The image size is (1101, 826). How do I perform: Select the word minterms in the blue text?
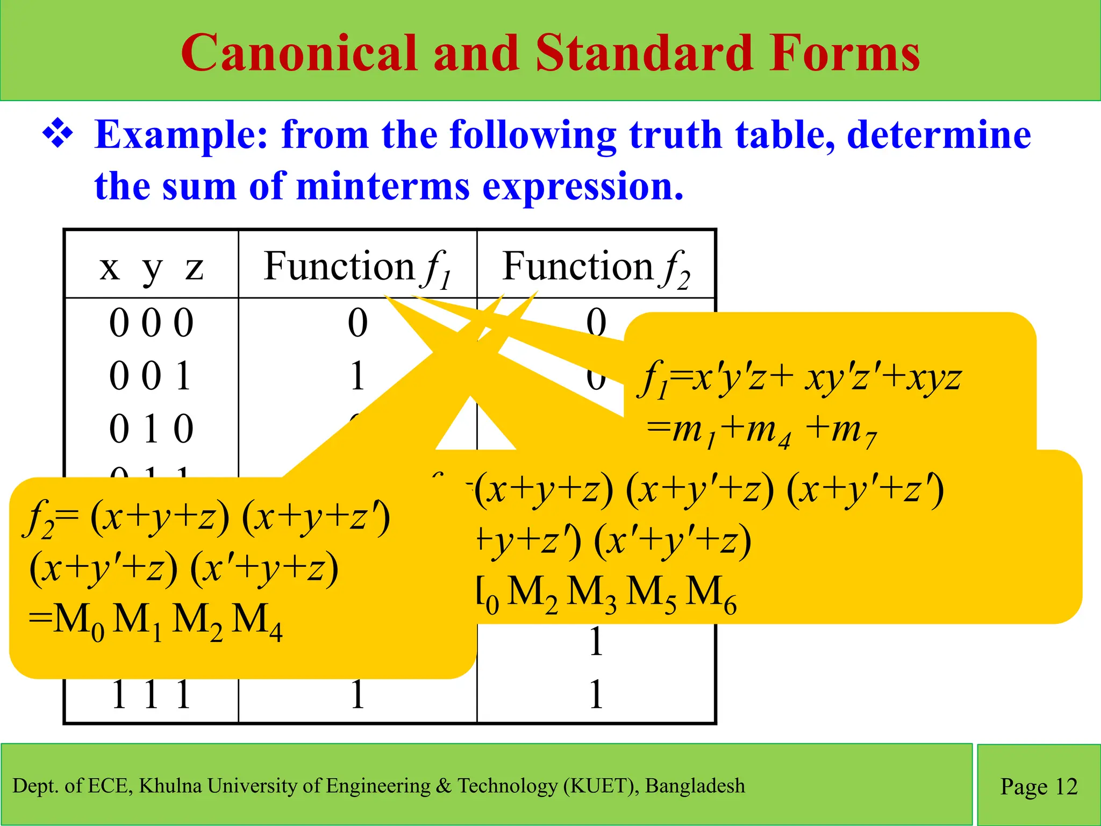coord(382,186)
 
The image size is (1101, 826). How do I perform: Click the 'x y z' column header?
coord(151,267)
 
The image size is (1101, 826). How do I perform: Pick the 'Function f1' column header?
coord(357,267)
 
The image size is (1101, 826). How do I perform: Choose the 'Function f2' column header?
coord(596,267)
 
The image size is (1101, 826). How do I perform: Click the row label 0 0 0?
coord(151,323)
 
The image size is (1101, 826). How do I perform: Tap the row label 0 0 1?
coord(150,376)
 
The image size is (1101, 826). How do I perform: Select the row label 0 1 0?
coord(151,429)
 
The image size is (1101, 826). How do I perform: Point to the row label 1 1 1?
coord(151,694)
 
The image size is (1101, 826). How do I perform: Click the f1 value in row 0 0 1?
coord(358,376)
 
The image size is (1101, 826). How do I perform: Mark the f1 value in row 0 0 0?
coord(358,323)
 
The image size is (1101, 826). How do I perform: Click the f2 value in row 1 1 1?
coord(596,694)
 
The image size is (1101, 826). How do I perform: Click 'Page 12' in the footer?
coord(1039,786)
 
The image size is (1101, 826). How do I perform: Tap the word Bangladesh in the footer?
coord(695,786)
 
